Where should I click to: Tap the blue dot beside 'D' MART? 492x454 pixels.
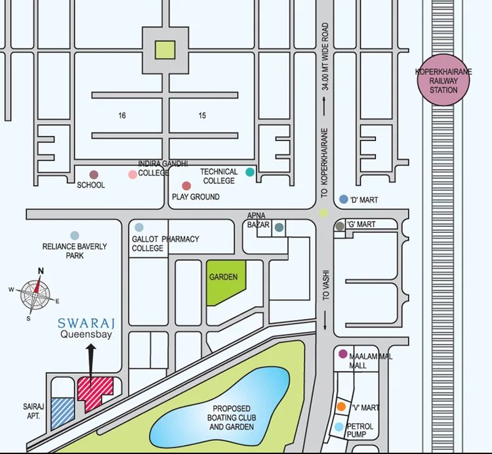343,199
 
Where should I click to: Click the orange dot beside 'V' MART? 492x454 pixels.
341,407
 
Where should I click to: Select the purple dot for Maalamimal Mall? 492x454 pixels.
342,354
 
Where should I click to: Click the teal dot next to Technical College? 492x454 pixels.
249,173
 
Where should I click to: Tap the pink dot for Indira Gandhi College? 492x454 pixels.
133,175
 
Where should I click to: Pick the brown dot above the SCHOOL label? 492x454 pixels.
94,175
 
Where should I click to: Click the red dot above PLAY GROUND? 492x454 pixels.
186,186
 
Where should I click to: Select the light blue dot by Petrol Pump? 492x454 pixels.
338,427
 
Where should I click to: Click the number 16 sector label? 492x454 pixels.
122,115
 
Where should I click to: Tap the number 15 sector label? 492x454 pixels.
202,115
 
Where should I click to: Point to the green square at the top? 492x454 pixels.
165,49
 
